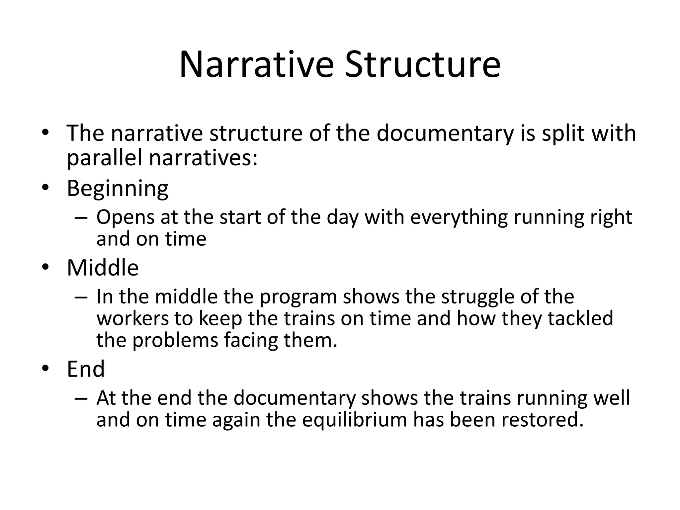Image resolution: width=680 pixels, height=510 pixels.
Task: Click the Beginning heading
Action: [118, 189]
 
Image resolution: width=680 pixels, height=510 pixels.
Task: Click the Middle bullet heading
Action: [103, 268]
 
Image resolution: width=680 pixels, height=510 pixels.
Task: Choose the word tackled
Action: [580, 318]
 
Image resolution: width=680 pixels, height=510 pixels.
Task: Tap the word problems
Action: [175, 340]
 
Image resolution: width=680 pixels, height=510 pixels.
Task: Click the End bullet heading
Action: [86, 369]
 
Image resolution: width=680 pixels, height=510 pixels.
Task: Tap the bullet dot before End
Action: [45, 369]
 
